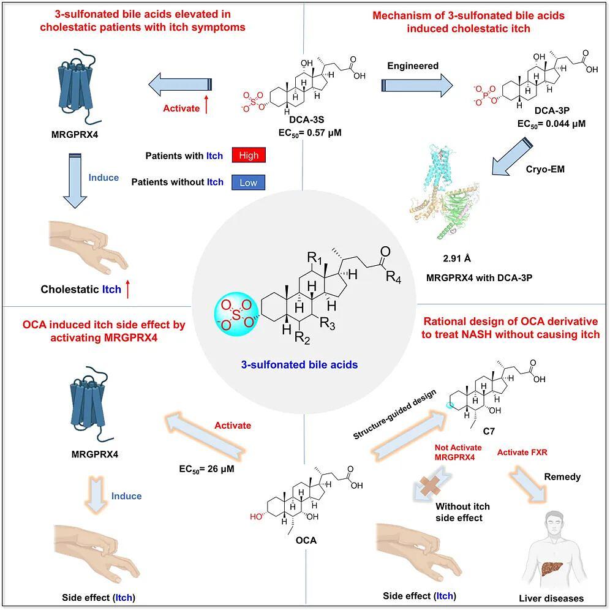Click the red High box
(x=249, y=156)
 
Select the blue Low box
(x=249, y=182)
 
